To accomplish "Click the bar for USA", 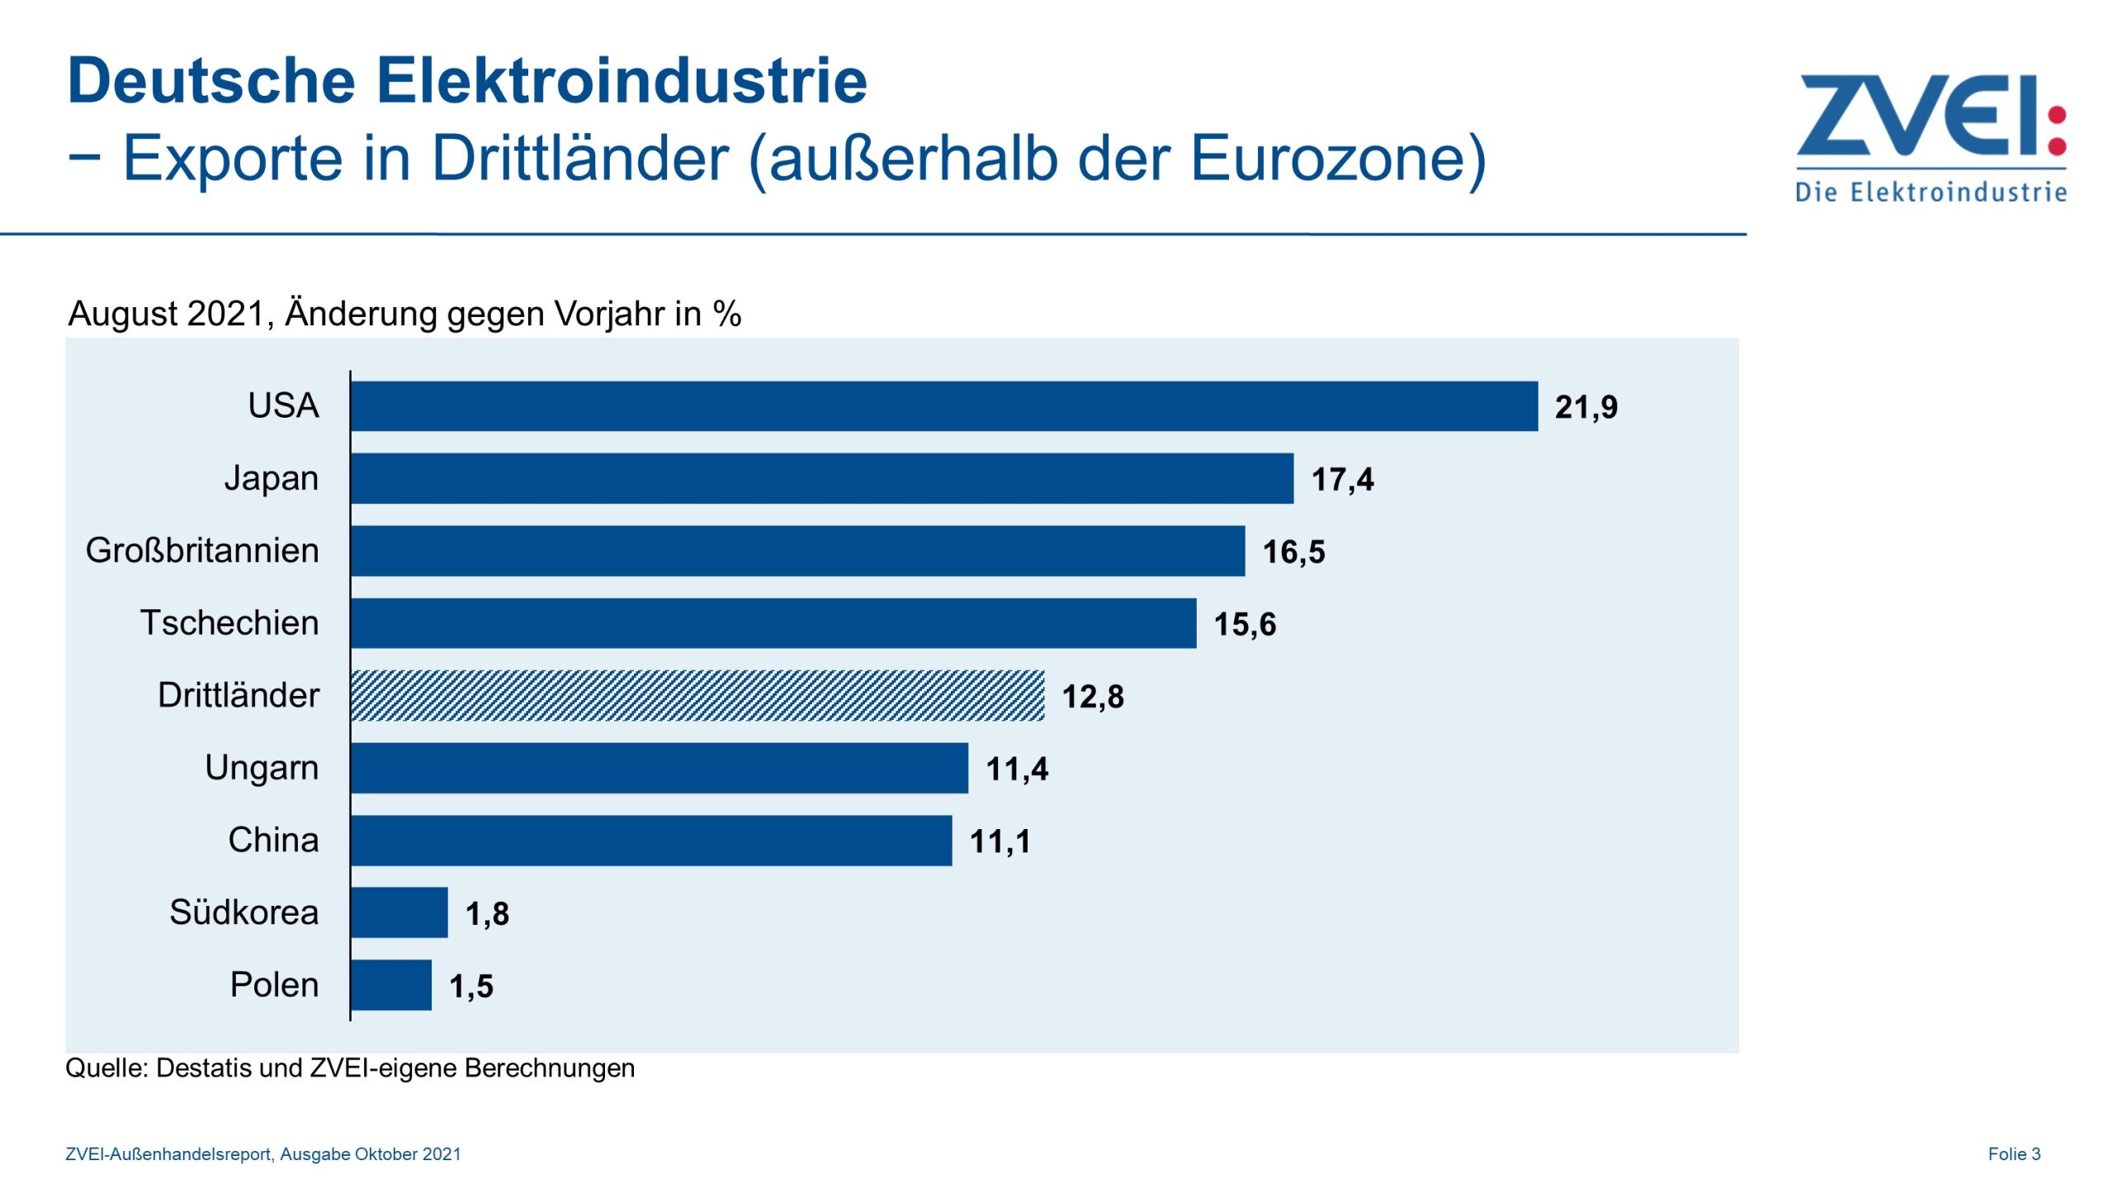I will coord(943,406).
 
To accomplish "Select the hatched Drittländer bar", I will coord(697,696).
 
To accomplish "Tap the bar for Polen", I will coord(391,985).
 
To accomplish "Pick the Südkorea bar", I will coord(399,912).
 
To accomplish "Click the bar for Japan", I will coord(822,478).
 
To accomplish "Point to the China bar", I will coord(651,841).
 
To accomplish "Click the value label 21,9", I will coord(1586,407).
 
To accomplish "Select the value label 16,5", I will coord(1293,552).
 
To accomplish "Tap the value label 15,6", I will coord(1245,624).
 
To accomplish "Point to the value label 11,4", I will coord(1017,769).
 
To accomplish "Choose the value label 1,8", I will coord(487,914).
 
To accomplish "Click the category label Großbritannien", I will coord(202,551).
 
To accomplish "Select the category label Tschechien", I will coord(229,623).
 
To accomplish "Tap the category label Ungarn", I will coord(262,768).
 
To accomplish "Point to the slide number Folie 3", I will coord(2014,1154).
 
